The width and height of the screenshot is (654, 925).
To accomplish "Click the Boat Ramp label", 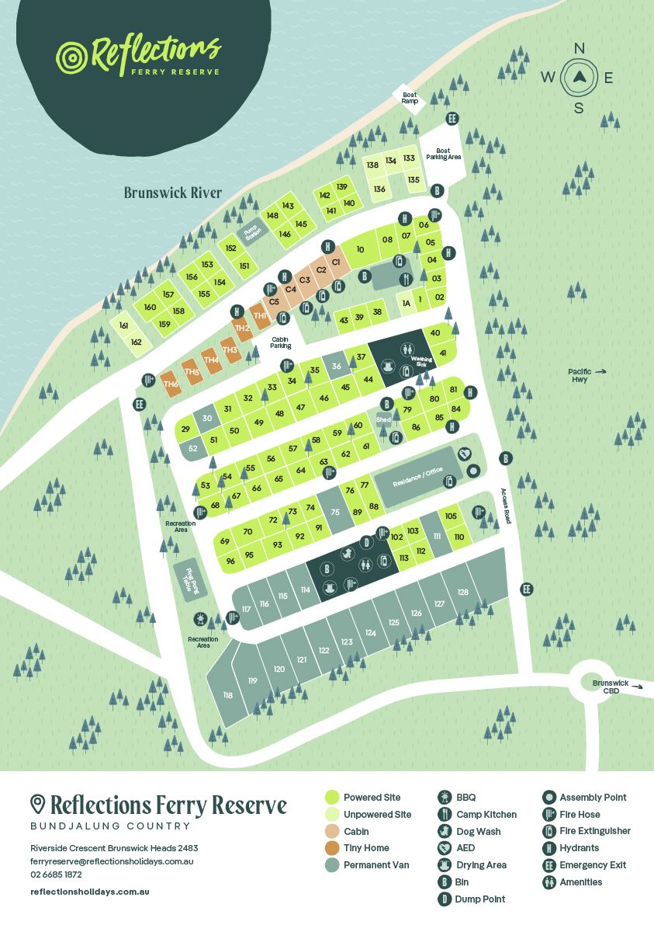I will point(409,98).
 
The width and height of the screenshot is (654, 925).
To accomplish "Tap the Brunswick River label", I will point(173,193).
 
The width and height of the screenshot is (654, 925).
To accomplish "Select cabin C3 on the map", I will point(304,280).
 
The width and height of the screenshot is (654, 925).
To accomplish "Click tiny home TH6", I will point(171,384).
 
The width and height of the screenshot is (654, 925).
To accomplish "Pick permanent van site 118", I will point(227,695).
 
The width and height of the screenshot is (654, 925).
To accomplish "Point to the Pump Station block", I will point(251,231).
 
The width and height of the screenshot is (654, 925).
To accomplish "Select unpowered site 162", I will point(137,342).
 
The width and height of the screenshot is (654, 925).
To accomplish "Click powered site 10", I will point(360,249).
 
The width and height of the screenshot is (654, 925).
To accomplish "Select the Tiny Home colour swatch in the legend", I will point(332,848).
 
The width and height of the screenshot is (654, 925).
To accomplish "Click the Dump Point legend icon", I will point(445,899).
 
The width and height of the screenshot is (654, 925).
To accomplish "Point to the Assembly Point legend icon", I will point(548,798).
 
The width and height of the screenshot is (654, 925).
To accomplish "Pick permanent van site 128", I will point(463,592).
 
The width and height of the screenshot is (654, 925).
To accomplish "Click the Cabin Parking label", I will point(281,343).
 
